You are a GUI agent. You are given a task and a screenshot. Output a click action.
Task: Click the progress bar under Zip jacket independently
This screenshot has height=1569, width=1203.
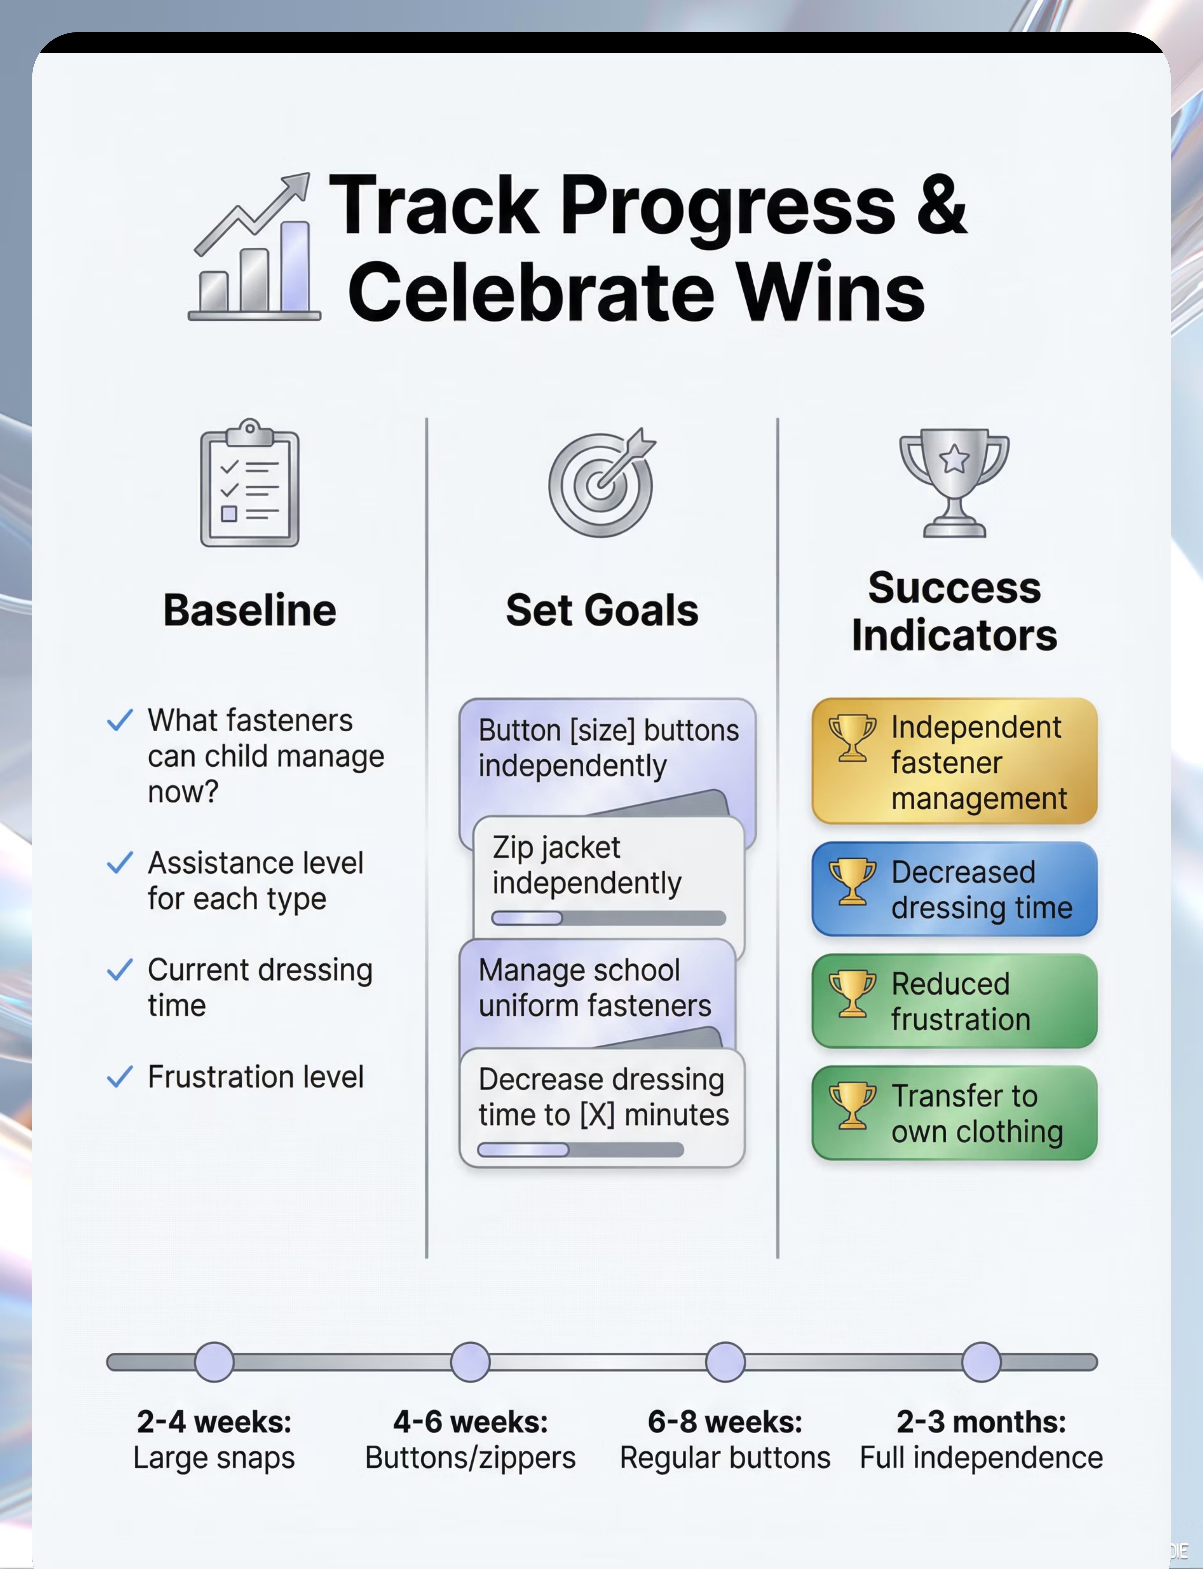609,918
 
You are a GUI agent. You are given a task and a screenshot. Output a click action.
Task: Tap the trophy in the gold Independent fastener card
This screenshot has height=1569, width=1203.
852,738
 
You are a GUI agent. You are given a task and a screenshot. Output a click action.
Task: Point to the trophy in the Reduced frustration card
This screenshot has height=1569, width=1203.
852,994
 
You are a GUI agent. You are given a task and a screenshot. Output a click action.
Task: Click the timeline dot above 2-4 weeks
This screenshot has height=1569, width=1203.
214,1362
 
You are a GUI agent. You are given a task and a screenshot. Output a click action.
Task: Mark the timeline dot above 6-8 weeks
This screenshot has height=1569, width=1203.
725,1362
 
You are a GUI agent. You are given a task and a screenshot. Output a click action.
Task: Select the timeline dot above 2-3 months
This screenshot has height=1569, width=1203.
981,1362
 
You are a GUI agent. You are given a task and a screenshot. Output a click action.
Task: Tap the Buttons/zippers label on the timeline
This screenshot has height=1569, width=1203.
471,1458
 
